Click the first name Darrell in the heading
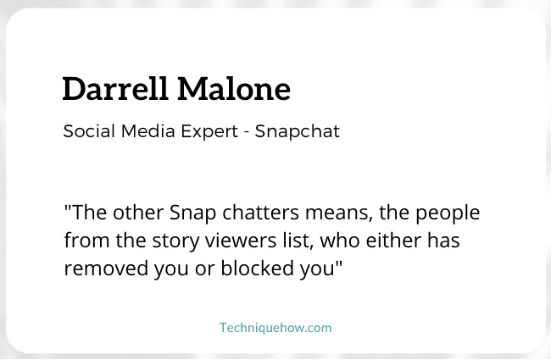pos(115,89)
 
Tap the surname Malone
pos(234,89)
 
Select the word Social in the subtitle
pos(89,131)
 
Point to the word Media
pos(148,131)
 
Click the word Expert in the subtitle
pos(209,132)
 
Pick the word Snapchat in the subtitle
pos(298,132)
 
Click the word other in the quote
pos(138,213)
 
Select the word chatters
pos(261,213)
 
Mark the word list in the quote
pos(298,241)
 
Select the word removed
pos(106,269)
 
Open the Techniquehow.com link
pos(275,328)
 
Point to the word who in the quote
pos(340,241)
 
